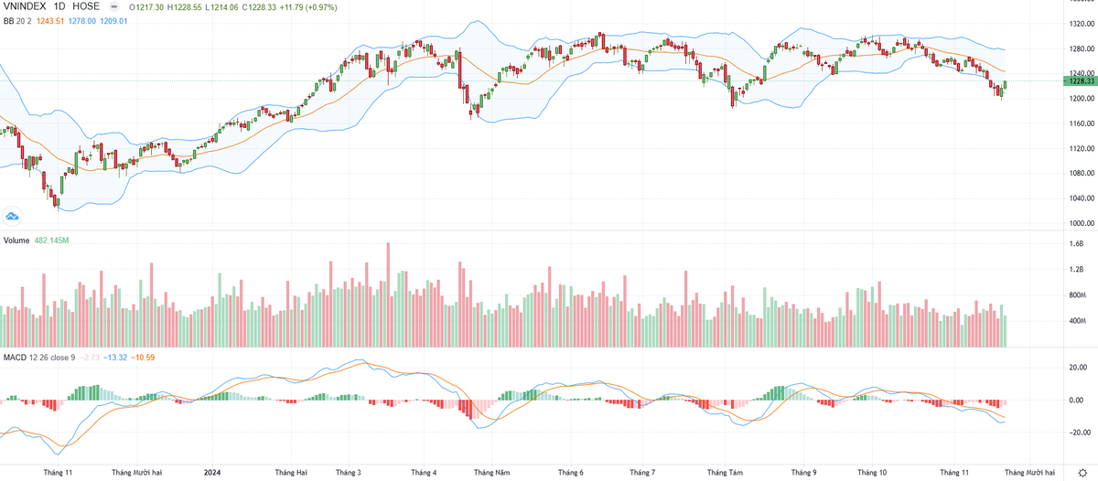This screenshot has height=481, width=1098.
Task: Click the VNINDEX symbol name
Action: pyautogui.click(x=26, y=5)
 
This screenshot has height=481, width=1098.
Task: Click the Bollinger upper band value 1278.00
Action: pyautogui.click(x=81, y=20)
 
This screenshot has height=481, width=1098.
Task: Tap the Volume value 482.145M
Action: pyautogui.click(x=52, y=240)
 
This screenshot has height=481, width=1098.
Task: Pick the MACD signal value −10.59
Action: pyautogui.click(x=144, y=357)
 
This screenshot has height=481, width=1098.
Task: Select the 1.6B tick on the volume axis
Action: pyautogui.click(x=1076, y=244)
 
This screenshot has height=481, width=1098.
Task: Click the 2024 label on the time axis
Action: pyautogui.click(x=211, y=473)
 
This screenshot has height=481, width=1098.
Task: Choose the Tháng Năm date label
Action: pyautogui.click(x=491, y=473)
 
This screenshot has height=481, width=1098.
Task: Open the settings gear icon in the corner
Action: pyautogui.click(x=1082, y=472)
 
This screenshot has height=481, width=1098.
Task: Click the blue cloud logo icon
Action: pyautogui.click(x=13, y=216)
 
